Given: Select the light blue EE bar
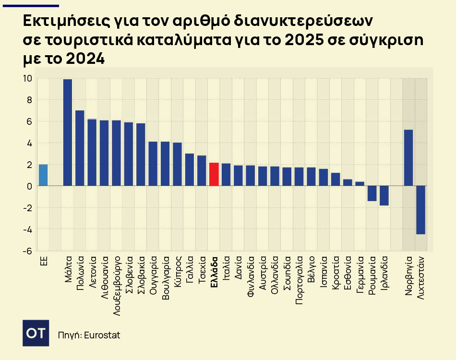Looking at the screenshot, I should pyautogui.click(x=43, y=175).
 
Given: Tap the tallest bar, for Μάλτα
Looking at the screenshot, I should pyautogui.click(x=68, y=132).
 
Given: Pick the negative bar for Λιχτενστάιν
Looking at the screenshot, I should pyautogui.click(x=421, y=210).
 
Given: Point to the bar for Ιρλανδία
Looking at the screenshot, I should pyautogui.click(x=384, y=195).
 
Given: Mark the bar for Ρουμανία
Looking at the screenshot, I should pyautogui.click(x=372, y=193).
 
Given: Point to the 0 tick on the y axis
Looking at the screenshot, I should pyautogui.click(x=29, y=186).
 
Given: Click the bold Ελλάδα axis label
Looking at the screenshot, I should pyautogui.click(x=214, y=270).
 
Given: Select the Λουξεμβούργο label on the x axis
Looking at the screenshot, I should pyautogui.click(x=116, y=284).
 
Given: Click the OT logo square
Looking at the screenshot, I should pyautogui.click(x=36, y=332).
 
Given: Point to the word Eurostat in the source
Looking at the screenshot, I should pyautogui.click(x=102, y=335).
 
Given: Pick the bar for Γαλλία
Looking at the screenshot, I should pyautogui.click(x=190, y=169).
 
